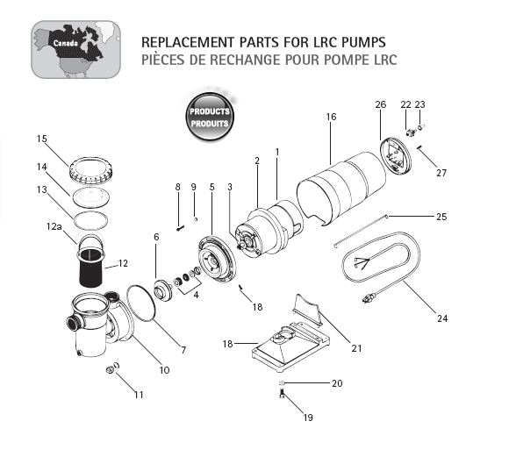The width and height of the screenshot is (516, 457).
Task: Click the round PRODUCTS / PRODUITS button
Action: (209, 117)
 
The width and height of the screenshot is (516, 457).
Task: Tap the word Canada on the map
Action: (64, 42)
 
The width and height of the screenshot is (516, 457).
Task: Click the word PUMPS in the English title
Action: (360, 42)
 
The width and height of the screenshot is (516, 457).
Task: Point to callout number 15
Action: (41, 139)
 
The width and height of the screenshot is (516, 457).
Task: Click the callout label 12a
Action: (55, 225)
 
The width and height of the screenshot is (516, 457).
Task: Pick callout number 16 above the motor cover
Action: (330, 116)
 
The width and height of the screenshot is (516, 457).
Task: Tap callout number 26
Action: (380, 104)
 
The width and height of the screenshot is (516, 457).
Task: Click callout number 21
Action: (356, 348)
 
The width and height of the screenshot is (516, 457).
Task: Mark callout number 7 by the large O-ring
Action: (183, 351)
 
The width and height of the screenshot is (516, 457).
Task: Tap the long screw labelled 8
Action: (180, 228)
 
